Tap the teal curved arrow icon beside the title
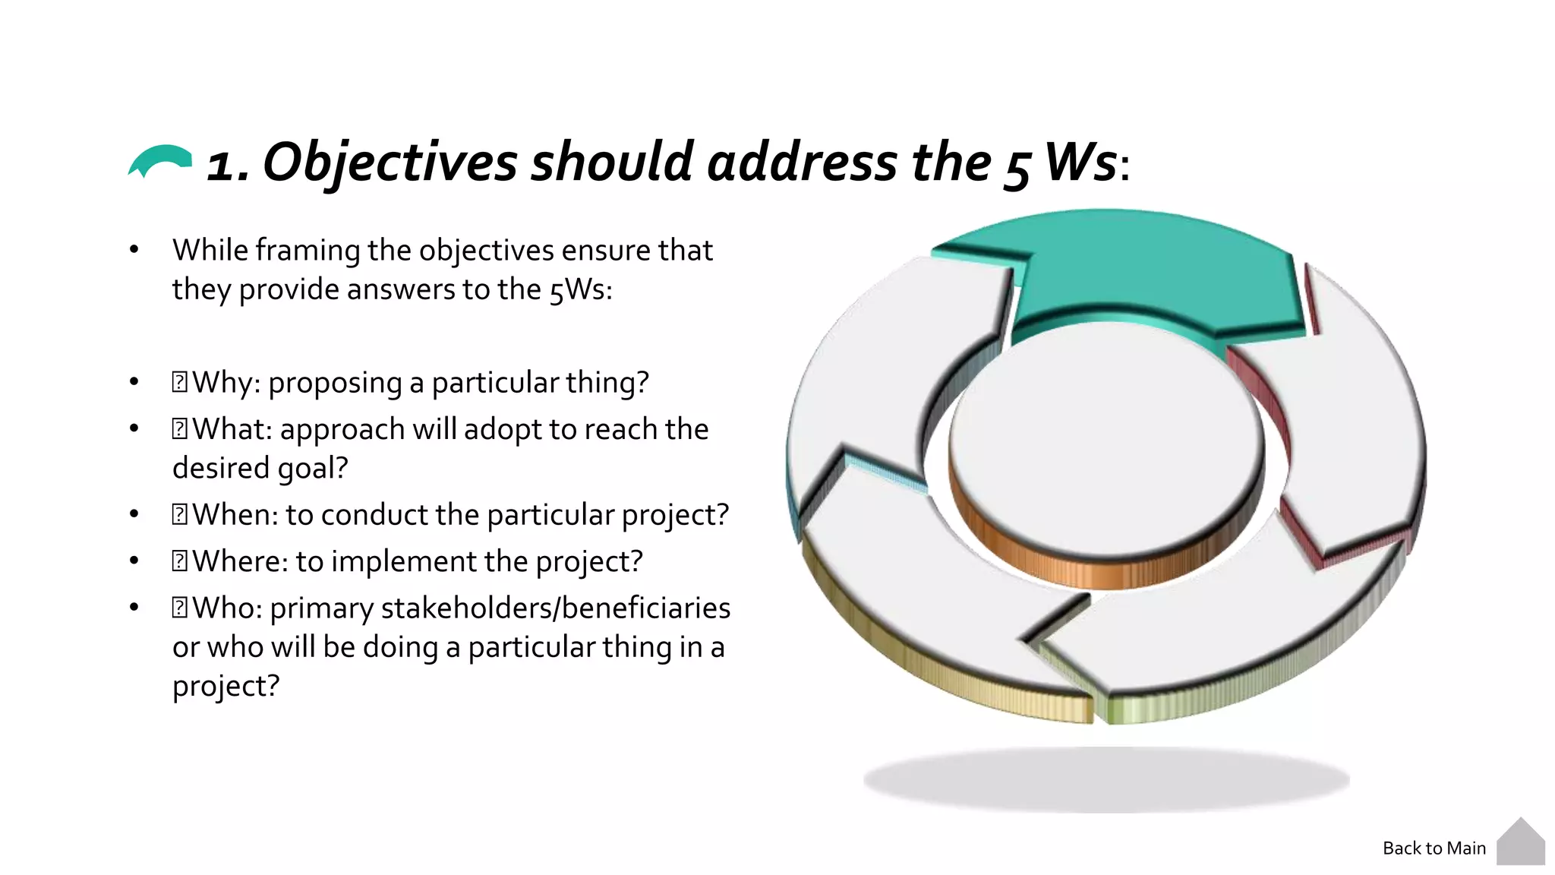(x=160, y=160)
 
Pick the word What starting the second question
(x=232, y=429)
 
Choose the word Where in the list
(x=240, y=561)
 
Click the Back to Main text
(x=1434, y=848)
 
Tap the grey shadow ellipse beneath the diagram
(x=1106, y=779)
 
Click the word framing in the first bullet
(x=308, y=251)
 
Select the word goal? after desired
(x=312, y=468)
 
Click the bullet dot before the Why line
(x=134, y=382)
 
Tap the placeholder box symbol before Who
(x=179, y=608)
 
